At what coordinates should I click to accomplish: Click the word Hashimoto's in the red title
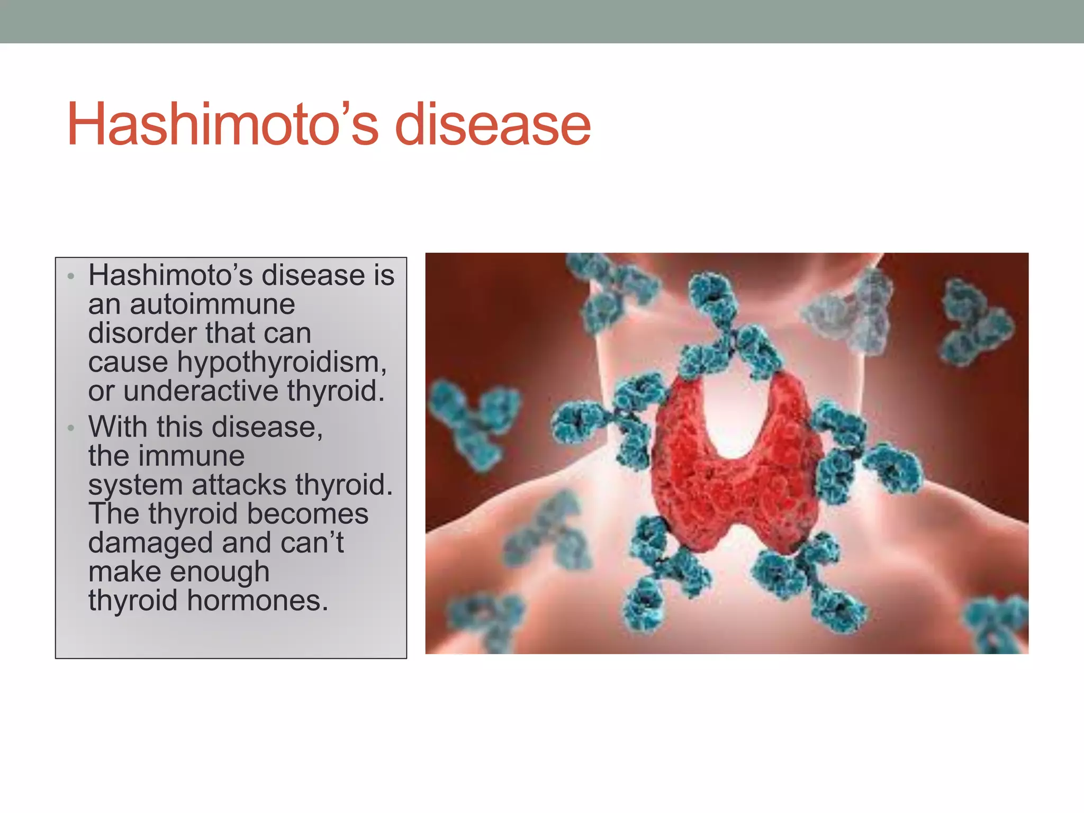[222, 124]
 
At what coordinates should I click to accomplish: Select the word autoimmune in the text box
[212, 304]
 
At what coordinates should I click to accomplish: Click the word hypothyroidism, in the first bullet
[282, 363]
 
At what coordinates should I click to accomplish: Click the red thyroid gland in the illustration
[736, 476]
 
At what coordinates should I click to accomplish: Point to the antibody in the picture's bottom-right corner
[995, 625]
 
